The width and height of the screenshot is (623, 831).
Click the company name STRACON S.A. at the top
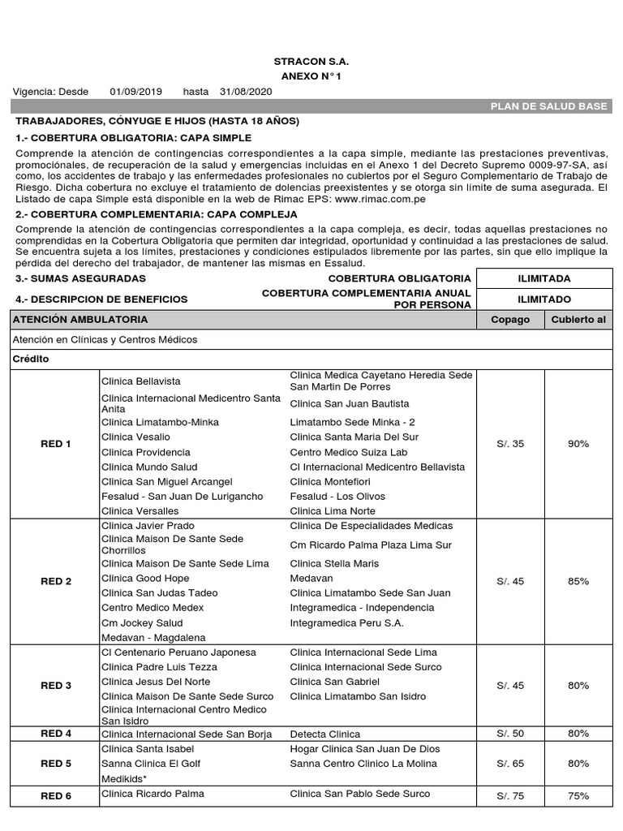coord(311,61)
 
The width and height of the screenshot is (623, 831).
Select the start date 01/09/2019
coord(135,92)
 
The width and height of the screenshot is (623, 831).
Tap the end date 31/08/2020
coord(246,92)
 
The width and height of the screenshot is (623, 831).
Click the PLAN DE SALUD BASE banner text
coord(555,106)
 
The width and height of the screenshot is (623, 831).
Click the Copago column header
coord(510,319)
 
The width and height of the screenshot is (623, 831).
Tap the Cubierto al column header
coord(578,319)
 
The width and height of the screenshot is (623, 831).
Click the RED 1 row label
coord(56,444)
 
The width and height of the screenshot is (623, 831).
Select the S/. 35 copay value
coord(510,444)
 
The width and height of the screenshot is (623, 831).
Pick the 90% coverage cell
coord(578,444)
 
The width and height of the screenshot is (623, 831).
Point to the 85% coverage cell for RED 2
coord(578,581)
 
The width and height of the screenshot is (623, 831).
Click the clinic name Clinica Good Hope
coord(145,579)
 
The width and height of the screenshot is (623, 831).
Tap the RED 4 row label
coord(56,734)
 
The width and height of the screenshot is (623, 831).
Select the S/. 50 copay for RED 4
coord(510,734)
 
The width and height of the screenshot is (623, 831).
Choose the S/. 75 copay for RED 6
coord(510,796)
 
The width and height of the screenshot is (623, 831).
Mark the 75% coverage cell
coord(578,796)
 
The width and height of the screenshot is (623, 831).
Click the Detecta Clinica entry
coord(324,734)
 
